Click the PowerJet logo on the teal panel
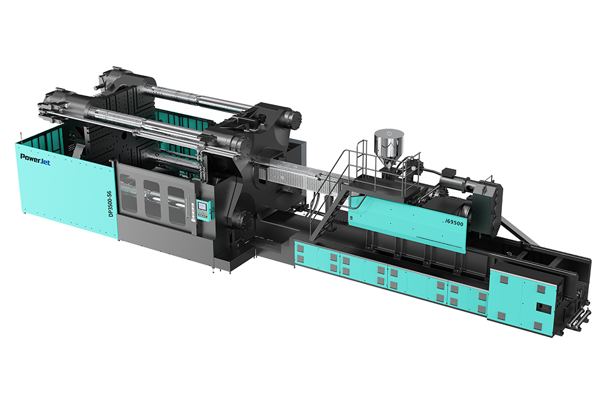(x=35, y=158)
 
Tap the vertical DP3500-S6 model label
(x=110, y=204)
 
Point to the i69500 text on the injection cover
(x=454, y=222)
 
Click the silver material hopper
(x=389, y=147)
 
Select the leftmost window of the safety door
(x=128, y=193)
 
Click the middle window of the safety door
(x=152, y=199)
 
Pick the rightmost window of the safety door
(x=176, y=205)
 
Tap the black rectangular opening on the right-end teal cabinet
(x=544, y=309)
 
